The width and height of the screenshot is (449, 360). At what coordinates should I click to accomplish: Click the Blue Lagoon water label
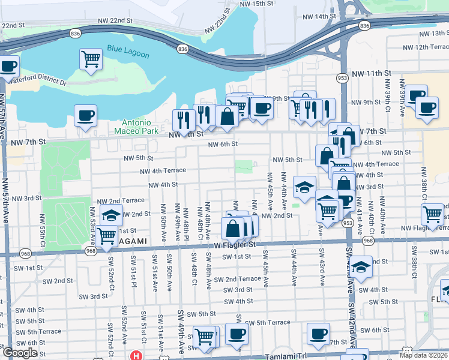point(129,49)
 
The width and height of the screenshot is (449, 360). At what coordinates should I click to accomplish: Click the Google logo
point(20,353)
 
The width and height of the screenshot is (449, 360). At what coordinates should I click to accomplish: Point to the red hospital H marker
point(137,355)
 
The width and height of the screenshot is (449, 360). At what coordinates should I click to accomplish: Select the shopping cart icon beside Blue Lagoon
point(91,59)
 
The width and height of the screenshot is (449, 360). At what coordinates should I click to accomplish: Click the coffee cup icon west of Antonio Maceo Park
point(85,115)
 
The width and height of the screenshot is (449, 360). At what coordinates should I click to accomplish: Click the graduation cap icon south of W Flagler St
point(361,267)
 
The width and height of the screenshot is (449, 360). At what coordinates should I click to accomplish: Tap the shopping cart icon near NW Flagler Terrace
point(432,214)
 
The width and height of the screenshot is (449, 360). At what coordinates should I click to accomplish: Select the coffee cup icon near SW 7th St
point(318,334)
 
